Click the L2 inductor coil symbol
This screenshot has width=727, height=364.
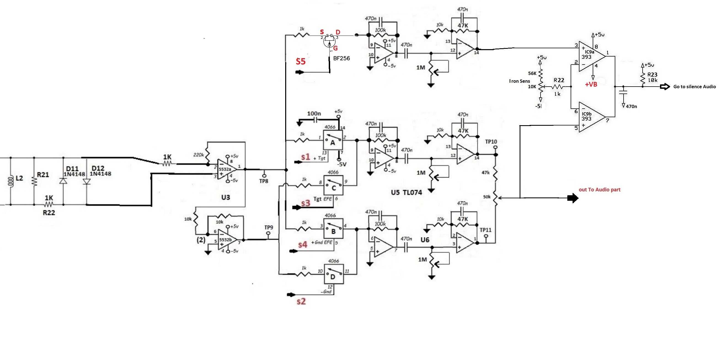coord(11,181)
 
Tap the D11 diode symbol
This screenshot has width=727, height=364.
coord(63,181)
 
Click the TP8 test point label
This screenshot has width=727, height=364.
coord(264,181)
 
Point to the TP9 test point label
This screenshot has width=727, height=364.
coord(269,227)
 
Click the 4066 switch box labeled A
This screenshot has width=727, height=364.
coord(333,141)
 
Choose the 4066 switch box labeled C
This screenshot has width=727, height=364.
coord(333,186)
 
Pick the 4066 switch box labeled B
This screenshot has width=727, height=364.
coord(333,229)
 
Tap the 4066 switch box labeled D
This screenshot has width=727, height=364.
coord(333,274)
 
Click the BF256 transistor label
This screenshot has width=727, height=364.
coord(341,58)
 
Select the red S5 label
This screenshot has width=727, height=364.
coord(301,61)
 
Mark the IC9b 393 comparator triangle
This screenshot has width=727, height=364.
coord(590,117)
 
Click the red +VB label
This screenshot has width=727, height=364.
coord(591,84)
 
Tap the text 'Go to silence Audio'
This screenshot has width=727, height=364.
coord(694,87)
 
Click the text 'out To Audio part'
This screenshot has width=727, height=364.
coord(599,190)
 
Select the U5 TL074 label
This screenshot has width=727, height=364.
coord(407,192)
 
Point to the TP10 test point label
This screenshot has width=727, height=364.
coord(491,142)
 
